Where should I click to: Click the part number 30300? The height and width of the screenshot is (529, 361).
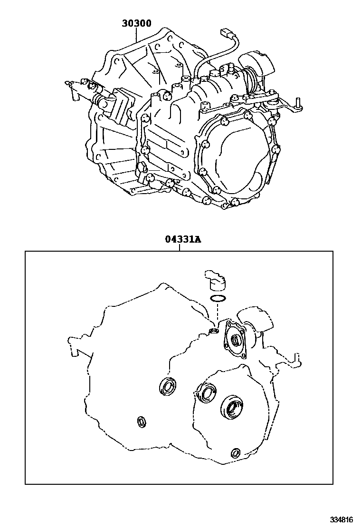(136, 23)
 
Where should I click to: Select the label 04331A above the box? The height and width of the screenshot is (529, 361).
(183, 240)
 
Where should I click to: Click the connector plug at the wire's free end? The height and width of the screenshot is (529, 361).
(225, 32)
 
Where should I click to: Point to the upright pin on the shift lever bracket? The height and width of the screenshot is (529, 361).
(298, 102)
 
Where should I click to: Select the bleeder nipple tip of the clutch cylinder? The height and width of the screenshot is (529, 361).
(68, 82)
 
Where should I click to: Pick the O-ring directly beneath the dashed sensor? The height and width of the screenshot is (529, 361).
(218, 298)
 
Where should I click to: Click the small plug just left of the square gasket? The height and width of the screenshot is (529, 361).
(213, 332)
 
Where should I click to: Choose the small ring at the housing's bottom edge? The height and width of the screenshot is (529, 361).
(237, 453)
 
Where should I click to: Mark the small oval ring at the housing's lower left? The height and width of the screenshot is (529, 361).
(142, 421)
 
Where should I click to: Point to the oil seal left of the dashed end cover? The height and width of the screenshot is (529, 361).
(167, 386)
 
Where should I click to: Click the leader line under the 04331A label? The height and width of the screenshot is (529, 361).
(180, 248)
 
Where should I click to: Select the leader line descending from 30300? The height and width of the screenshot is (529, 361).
(136, 34)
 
